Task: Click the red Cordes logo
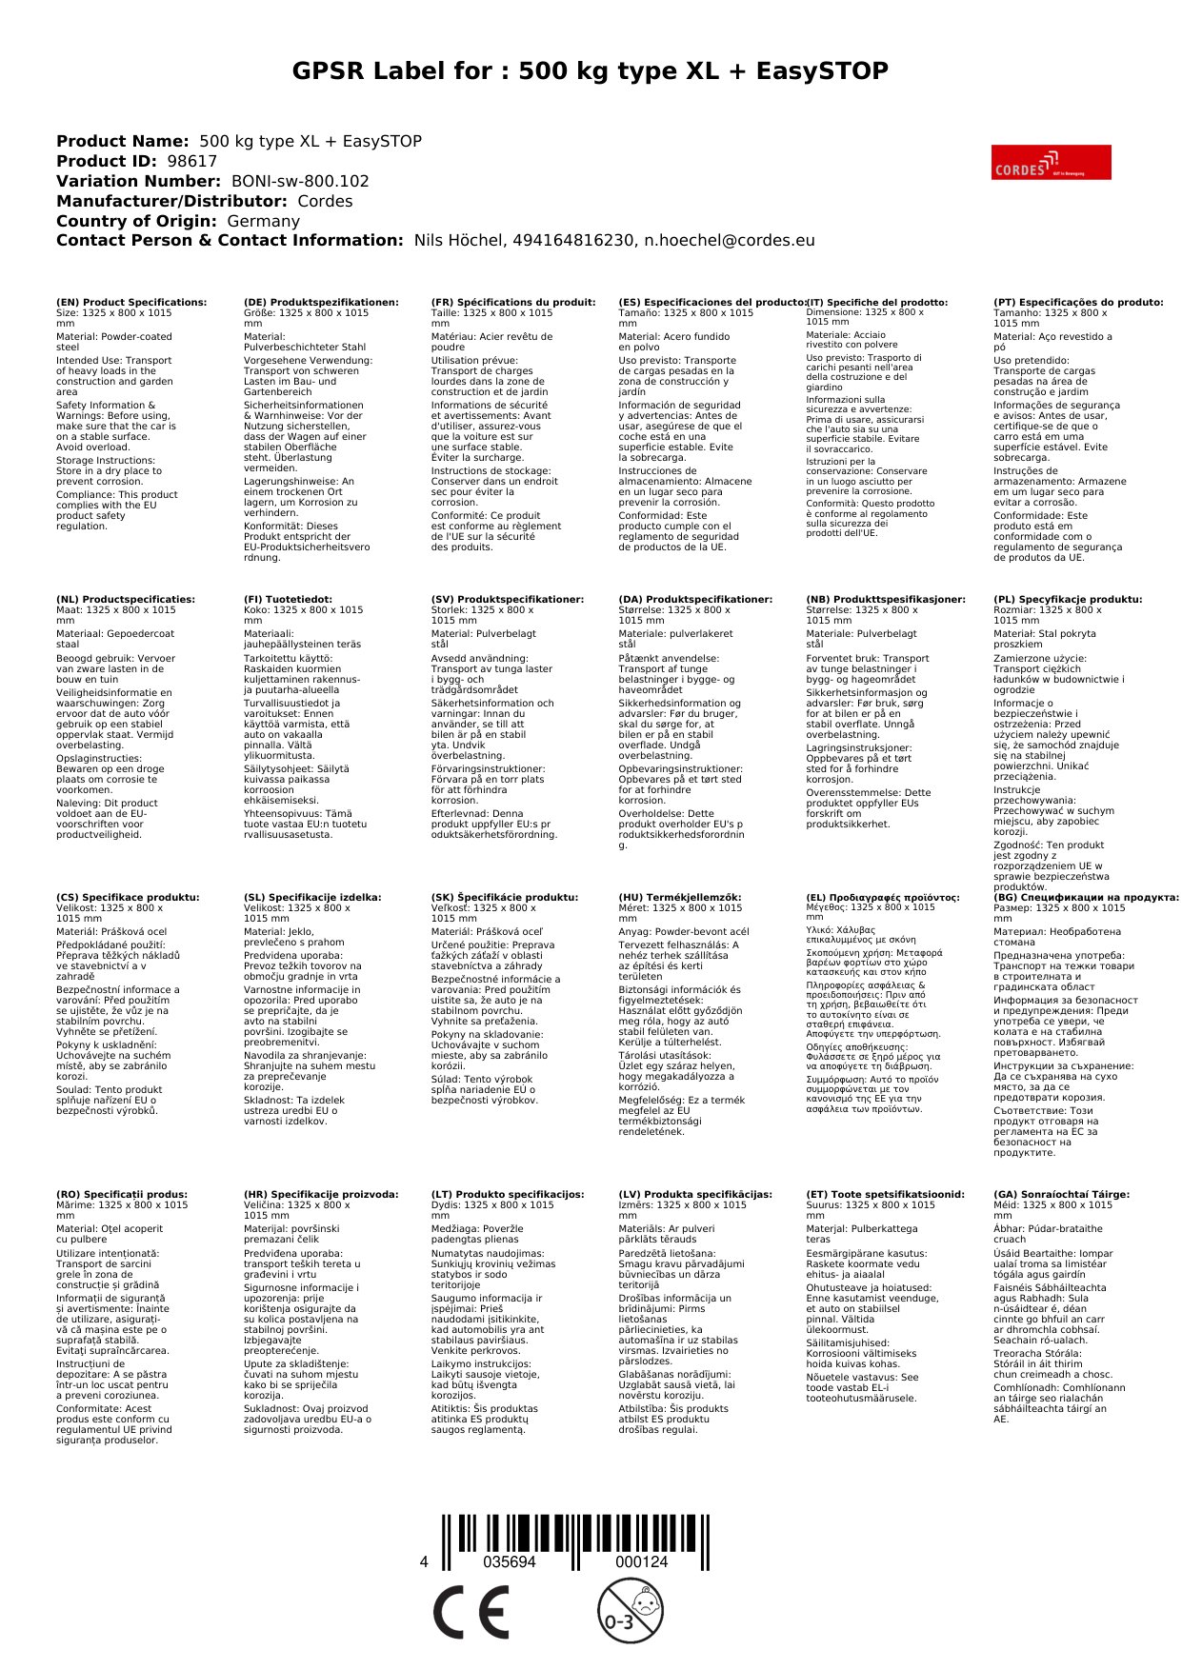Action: click(1051, 163)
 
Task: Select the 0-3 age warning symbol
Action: click(630, 1611)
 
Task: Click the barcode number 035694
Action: click(510, 1562)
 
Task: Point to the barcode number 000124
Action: click(641, 1562)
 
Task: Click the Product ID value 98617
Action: click(192, 162)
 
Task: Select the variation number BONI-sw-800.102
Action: click(300, 182)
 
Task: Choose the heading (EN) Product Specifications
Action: click(131, 303)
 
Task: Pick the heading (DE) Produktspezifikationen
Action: click(321, 303)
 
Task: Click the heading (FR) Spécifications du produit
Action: click(513, 303)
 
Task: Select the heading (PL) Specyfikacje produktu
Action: click(1068, 600)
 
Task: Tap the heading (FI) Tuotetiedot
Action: click(288, 600)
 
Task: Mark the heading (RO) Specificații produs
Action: click(122, 1194)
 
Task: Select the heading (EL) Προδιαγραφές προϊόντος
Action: click(883, 897)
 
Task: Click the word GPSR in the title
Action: click(329, 71)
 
